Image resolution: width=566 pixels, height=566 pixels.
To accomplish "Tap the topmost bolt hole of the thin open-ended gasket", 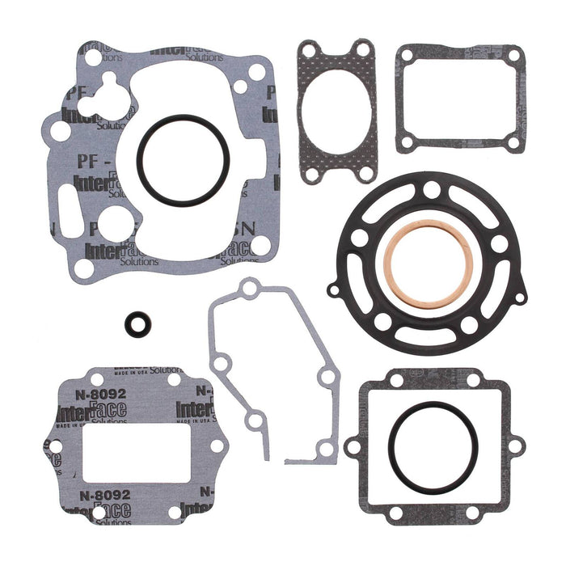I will pos(251,286).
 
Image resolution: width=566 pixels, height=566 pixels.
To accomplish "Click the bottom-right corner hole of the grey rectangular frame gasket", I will pos(511,143).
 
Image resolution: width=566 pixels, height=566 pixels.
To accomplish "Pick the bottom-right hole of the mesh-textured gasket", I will pos(365,172).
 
